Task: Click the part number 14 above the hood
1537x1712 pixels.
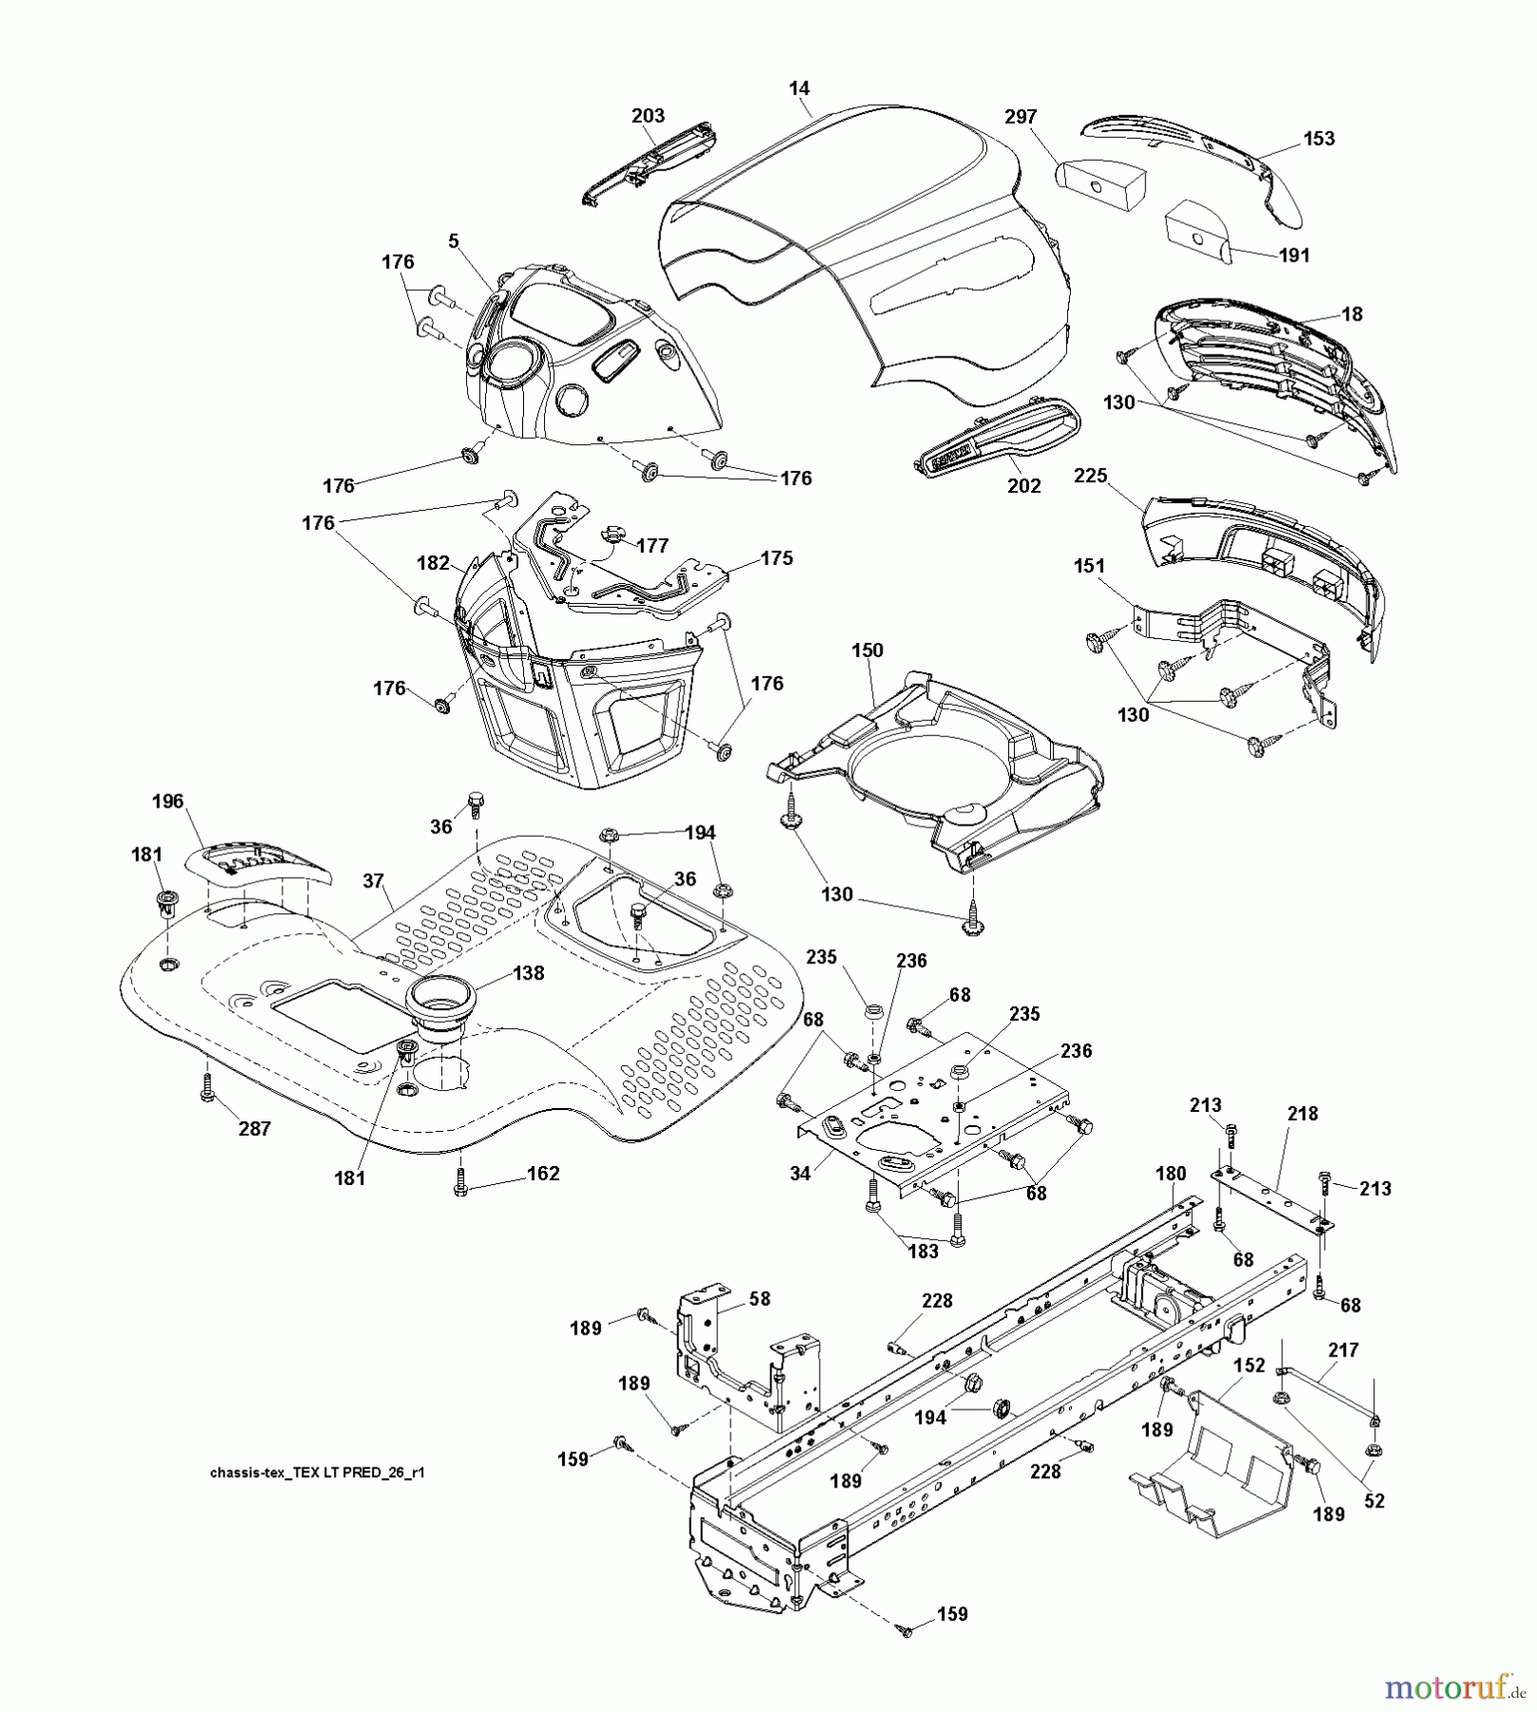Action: pos(799,88)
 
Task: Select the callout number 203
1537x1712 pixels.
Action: pos(648,116)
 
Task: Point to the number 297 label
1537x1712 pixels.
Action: pos(1021,117)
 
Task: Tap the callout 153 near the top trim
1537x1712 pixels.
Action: pos(1318,139)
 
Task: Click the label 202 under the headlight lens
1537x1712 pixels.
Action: pos(1023,486)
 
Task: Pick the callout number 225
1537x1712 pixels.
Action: pos(1091,476)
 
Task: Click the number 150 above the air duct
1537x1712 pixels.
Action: pos(867,651)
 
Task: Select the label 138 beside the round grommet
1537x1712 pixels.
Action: pos(528,973)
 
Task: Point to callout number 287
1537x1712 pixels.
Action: pos(255,1129)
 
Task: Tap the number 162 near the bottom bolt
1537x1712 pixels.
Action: pos(543,1174)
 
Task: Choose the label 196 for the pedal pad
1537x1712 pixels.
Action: pos(167,802)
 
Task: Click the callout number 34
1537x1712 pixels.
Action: pos(800,1175)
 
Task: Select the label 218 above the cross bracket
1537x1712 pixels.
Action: pos(1302,1114)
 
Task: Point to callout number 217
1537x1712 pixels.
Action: pos(1343,1351)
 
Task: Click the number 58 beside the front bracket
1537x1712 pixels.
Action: pos(759,1299)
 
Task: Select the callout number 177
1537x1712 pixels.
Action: pos(652,546)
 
